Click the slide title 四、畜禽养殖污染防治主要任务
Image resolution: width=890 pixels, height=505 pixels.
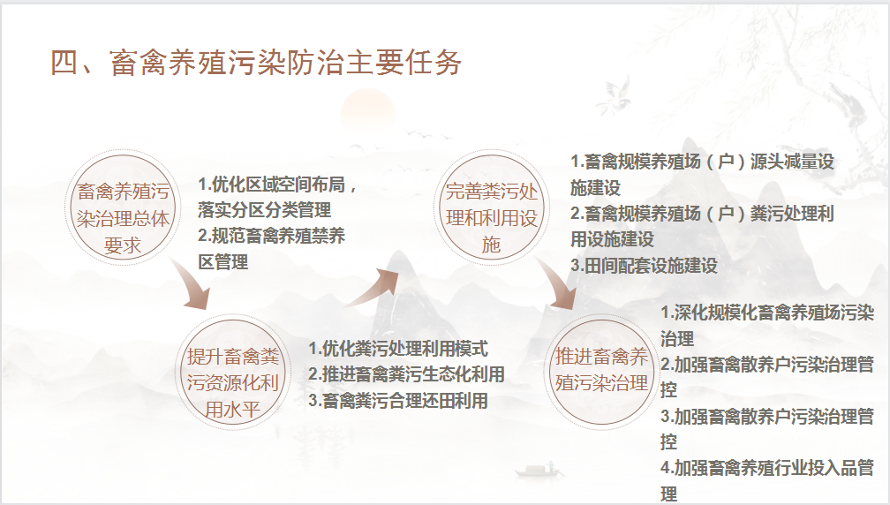pos(256,63)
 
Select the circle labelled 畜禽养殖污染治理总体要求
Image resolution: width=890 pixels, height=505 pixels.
pos(123,207)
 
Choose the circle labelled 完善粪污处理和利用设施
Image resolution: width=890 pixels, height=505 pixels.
pos(490,207)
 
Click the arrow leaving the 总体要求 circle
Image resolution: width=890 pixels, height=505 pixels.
pos(193,287)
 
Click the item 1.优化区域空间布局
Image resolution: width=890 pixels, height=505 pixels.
pos(277,197)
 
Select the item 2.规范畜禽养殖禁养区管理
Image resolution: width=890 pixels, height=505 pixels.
pos(271,249)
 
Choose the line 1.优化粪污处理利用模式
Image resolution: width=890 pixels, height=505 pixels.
pos(398,349)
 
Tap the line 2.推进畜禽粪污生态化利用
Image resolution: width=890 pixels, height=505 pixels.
pos(406,374)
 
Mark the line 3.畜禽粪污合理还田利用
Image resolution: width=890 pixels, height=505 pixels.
pos(398,401)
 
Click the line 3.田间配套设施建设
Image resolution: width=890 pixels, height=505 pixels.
pos(644,266)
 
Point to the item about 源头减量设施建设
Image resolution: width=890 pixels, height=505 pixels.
pos(702,175)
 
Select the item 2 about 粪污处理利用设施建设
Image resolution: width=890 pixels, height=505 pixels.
pos(702,226)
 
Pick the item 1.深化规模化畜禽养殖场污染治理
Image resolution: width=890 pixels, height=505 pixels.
pos(766,326)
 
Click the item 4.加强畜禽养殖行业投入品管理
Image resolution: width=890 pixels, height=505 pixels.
pos(766,480)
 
